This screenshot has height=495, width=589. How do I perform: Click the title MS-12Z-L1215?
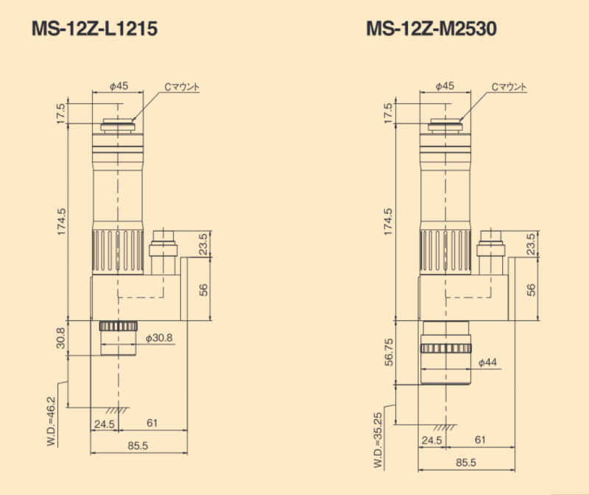click(95, 29)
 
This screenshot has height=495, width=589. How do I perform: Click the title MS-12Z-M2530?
click(431, 29)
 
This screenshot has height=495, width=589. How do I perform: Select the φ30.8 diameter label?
click(159, 338)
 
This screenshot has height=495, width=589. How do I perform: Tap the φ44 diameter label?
click(487, 362)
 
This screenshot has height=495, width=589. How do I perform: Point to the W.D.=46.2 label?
click(51, 421)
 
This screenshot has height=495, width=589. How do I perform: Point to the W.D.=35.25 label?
click(378, 440)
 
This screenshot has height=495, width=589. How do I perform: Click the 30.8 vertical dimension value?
click(60, 338)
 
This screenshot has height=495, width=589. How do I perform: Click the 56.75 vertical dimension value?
click(389, 352)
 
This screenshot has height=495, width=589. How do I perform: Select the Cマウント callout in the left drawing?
click(182, 87)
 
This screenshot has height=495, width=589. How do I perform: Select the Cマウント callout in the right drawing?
click(509, 87)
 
